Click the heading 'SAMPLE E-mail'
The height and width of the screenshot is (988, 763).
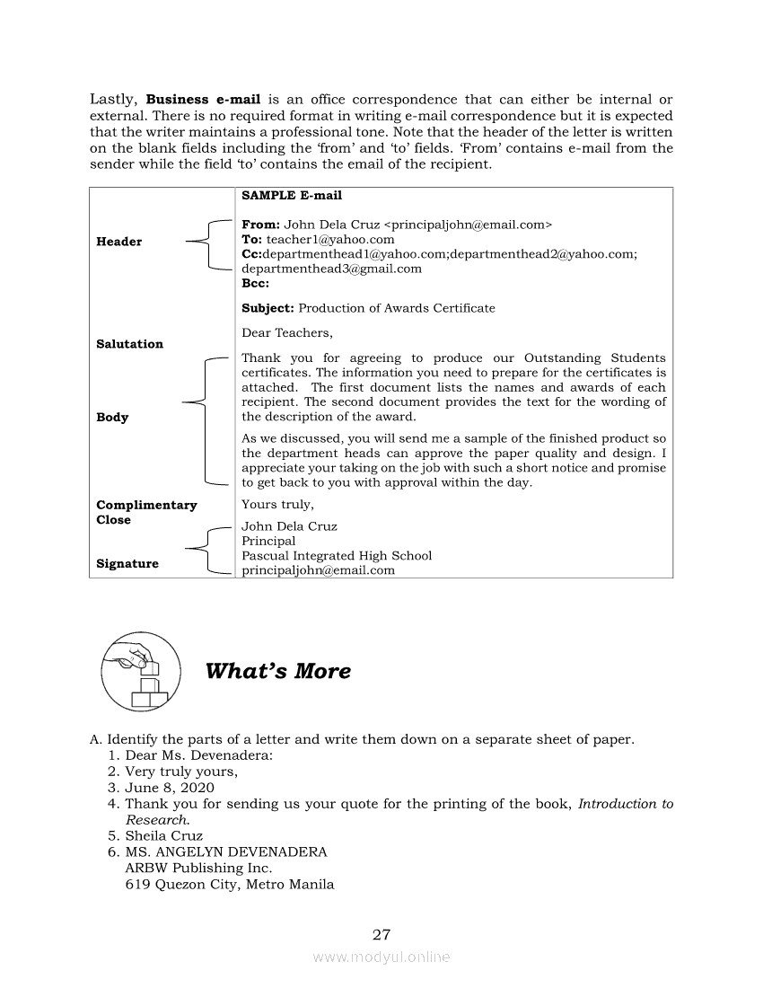[x=292, y=195]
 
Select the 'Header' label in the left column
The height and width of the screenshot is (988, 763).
[x=118, y=242]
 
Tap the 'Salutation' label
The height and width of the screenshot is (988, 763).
[x=129, y=344]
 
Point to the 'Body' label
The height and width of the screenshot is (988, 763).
[x=112, y=418]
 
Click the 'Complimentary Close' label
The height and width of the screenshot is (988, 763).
[x=146, y=512]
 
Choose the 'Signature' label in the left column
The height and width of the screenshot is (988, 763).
[x=127, y=564]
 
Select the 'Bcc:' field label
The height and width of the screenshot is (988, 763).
[x=255, y=283]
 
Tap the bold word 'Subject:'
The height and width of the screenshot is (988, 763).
[x=267, y=308]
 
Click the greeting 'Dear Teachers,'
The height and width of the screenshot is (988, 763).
[x=286, y=333]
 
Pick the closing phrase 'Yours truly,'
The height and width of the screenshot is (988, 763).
[x=277, y=505]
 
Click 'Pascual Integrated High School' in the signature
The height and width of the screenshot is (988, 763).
[x=337, y=556]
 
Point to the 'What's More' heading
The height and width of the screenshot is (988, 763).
[x=278, y=672]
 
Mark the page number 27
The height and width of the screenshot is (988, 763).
[x=381, y=934]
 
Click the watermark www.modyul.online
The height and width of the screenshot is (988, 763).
[x=381, y=957]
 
